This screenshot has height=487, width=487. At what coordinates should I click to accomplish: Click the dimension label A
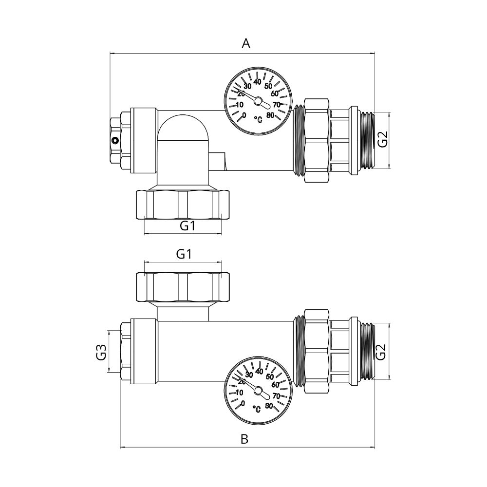coord(246,44)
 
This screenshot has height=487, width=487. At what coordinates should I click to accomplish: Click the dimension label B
coord(245,439)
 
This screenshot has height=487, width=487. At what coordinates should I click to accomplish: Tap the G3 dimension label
coord(101,351)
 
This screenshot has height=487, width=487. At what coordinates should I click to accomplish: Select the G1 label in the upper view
coord(187,226)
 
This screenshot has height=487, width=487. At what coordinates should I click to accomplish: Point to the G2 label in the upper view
coord(383,140)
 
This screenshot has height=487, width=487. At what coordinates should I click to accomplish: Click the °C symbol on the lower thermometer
coord(257,408)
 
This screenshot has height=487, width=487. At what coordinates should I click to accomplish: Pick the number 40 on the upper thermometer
coord(258,82)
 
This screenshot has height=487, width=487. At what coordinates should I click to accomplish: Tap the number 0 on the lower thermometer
coord(243,403)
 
